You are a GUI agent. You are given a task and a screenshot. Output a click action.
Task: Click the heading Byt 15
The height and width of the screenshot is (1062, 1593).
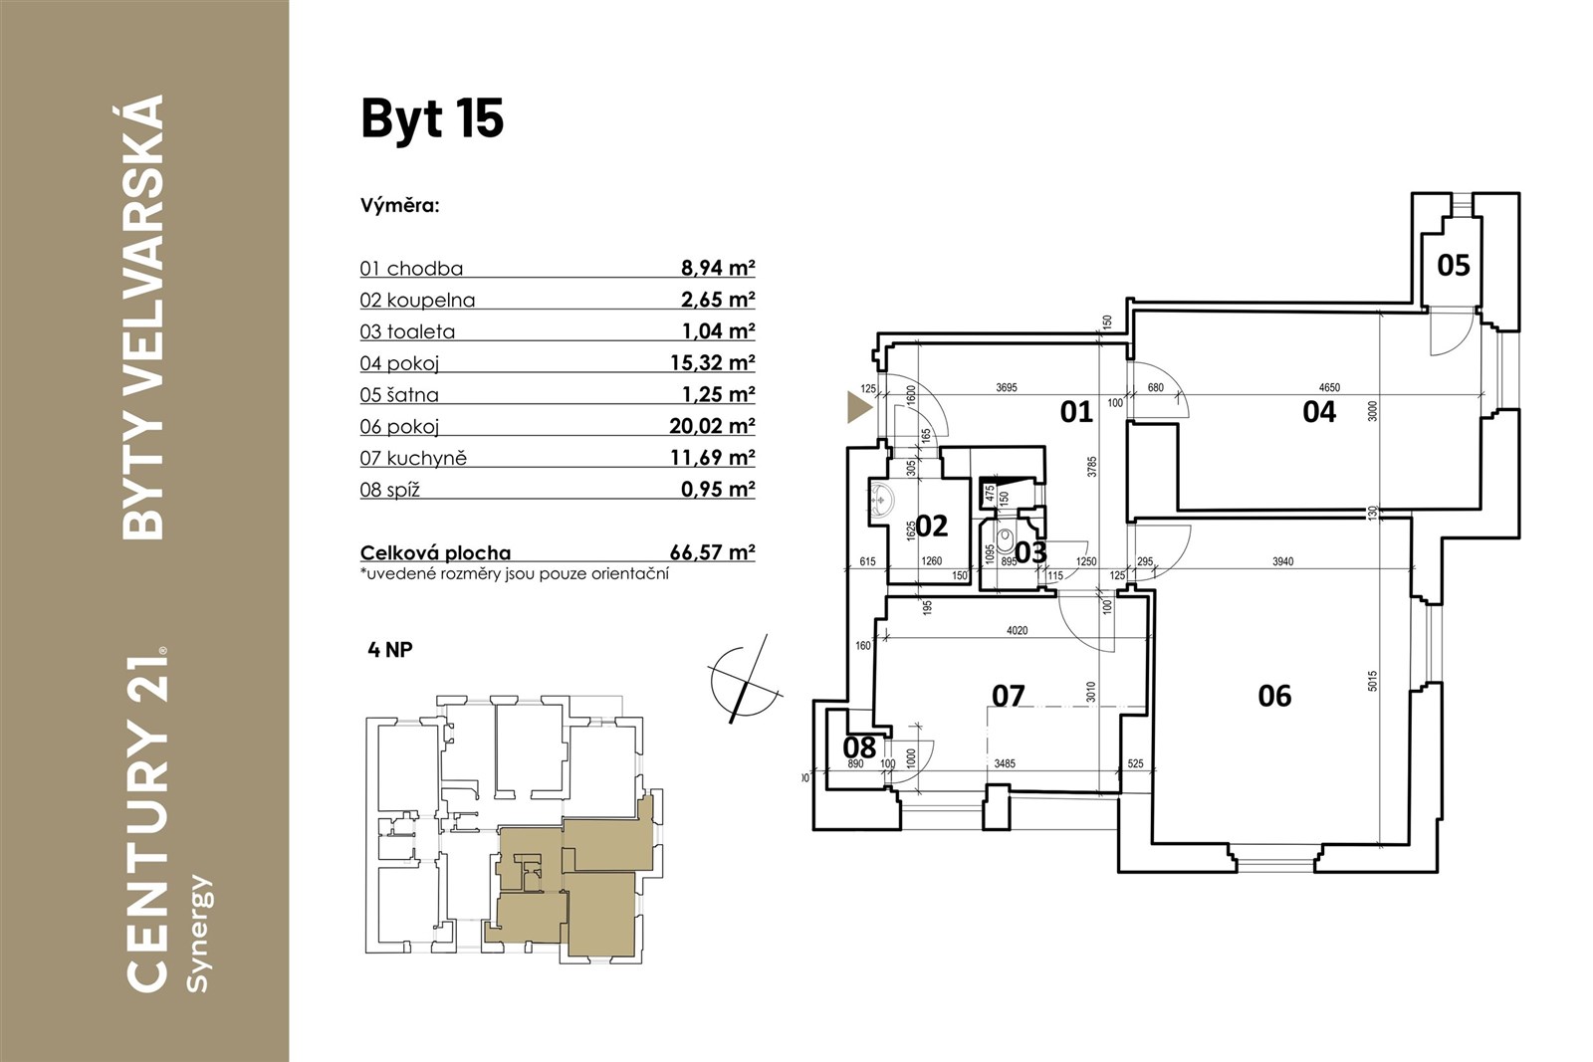tap(432, 118)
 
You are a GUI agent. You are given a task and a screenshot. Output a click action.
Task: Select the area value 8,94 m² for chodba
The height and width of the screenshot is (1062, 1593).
tap(718, 268)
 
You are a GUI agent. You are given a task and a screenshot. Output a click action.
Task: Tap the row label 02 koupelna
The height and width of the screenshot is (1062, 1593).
tap(417, 300)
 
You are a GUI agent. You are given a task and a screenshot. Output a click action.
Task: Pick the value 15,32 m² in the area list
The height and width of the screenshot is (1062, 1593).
tap(712, 362)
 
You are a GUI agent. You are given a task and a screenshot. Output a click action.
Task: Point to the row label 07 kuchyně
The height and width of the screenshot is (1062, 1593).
tap(413, 458)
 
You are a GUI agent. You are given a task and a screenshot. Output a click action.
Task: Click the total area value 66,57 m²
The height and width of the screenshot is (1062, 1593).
tap(712, 552)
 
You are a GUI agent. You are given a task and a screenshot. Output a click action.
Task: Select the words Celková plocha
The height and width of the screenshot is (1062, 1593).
tap(435, 553)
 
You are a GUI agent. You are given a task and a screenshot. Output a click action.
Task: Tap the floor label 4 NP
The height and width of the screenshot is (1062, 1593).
tap(390, 650)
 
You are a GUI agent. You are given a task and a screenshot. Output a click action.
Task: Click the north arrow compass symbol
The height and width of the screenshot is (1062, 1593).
tap(745, 680)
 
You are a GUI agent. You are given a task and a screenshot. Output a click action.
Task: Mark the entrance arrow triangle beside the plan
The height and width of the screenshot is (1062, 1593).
tap(858, 407)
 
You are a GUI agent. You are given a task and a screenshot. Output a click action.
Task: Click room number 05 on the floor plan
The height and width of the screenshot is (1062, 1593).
tap(1453, 266)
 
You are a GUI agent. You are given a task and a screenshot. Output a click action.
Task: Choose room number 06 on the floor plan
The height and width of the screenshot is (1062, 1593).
tap(1274, 697)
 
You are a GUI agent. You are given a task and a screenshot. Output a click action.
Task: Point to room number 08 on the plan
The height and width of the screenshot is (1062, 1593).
tap(859, 747)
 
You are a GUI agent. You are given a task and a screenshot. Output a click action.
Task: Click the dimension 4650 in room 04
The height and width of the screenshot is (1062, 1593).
tap(1329, 387)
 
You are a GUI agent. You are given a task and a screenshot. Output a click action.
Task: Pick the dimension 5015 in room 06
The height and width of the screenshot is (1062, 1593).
tap(1373, 681)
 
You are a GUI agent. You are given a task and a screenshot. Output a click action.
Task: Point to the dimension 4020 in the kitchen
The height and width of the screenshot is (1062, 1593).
tap(1017, 630)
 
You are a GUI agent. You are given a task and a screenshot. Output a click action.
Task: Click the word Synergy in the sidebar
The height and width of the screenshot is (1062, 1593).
tap(196, 934)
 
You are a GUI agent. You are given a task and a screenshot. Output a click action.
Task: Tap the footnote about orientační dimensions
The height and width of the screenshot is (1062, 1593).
tap(514, 574)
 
